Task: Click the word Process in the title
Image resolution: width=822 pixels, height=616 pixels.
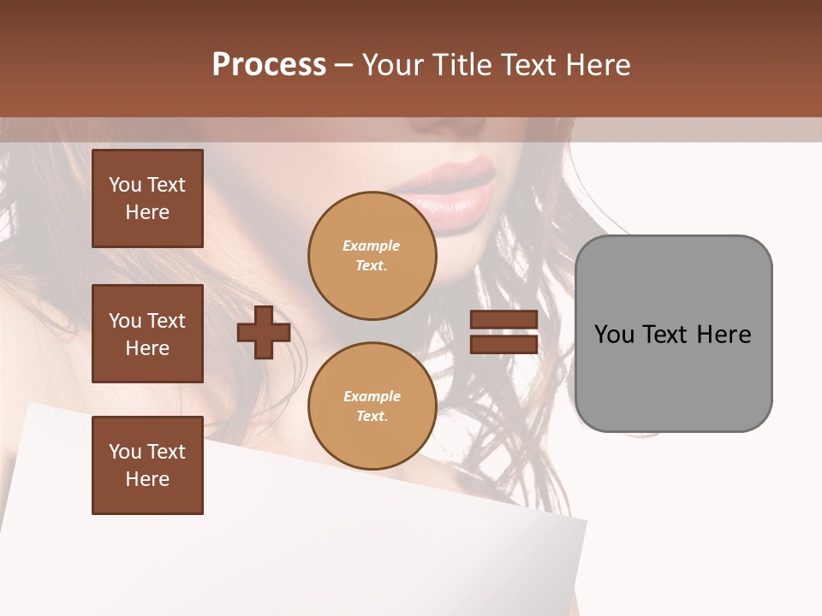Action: pos(269,65)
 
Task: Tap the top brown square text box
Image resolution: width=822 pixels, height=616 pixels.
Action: pos(147,198)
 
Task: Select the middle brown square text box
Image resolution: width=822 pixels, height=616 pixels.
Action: pos(147,334)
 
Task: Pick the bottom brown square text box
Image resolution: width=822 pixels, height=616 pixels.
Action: pos(147,465)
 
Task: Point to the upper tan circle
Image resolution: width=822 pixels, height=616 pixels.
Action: pos(372,256)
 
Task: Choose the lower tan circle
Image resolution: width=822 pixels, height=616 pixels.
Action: pos(372,406)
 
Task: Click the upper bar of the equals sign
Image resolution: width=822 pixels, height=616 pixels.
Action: pos(503,320)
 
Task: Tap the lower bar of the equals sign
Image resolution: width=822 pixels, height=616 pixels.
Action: pos(503,345)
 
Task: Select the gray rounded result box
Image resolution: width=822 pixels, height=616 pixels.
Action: pos(673,334)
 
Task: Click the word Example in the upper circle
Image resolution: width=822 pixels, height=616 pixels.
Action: pos(372,246)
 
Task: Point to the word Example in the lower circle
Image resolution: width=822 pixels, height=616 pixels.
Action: pos(372,396)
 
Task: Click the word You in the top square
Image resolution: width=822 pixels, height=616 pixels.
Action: pos(125,185)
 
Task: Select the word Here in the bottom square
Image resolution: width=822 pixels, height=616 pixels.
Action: pos(147,479)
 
